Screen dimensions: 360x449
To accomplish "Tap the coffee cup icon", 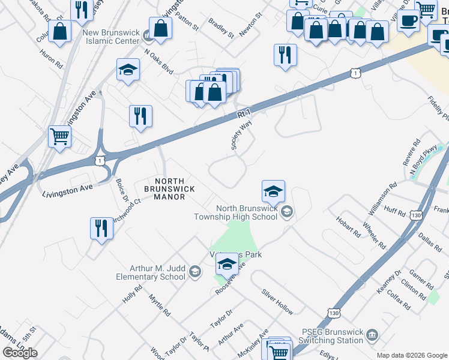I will (409, 21).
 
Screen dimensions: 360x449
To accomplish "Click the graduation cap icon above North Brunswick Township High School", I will (273, 191).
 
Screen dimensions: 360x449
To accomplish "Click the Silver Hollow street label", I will (277, 302).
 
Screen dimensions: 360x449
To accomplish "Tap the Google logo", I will (20, 352).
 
